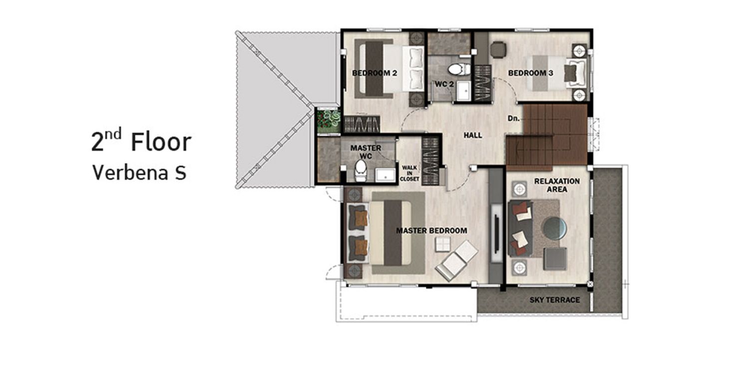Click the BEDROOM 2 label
374,73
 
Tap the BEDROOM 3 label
531,73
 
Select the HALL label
473,135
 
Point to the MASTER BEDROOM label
432,231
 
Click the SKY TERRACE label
555,300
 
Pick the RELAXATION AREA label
557,185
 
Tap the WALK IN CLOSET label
409,173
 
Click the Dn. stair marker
514,118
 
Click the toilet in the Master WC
361,170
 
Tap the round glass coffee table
555,229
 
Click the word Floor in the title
161,142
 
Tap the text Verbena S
139,173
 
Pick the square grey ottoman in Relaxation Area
555,259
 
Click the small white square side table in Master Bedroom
443,244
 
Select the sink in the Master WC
385,175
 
